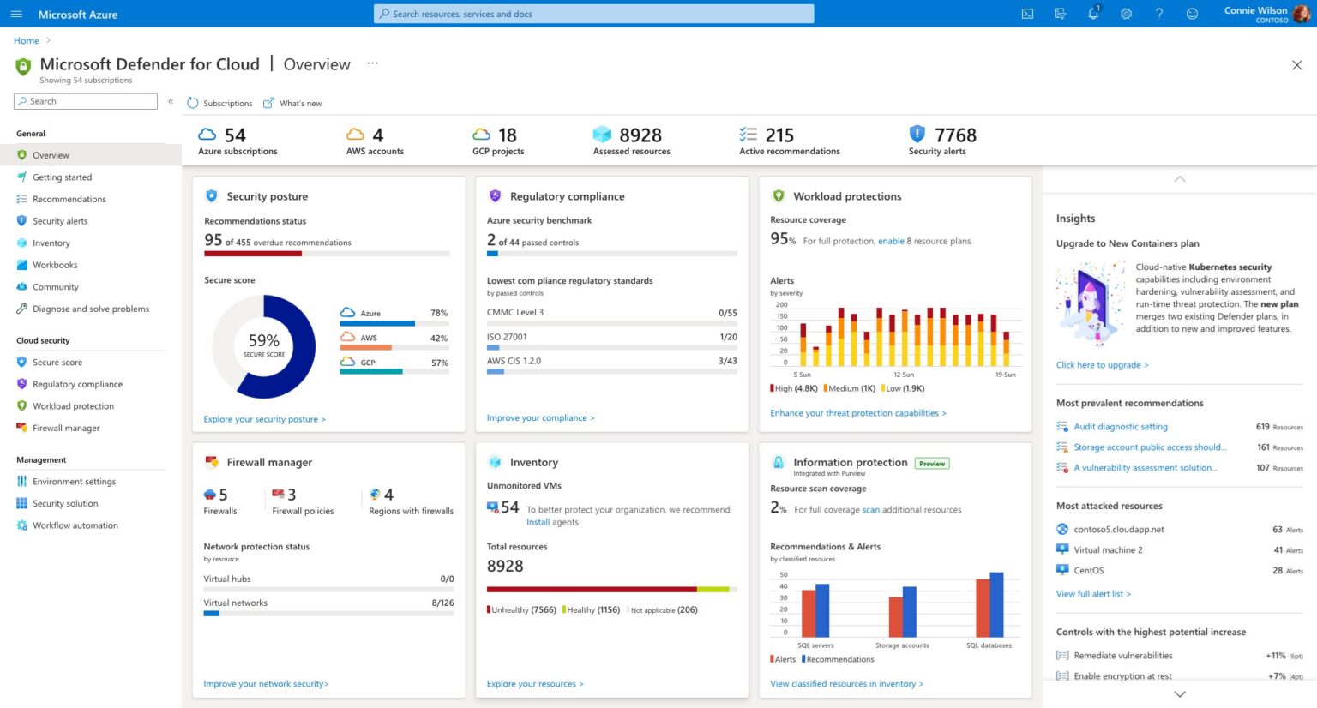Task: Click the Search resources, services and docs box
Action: [593, 14]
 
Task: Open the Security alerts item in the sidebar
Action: [60, 221]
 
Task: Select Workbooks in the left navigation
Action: [55, 265]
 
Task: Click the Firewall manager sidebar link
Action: [66, 429]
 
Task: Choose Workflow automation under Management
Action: [75, 525]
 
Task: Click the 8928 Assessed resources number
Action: [640, 135]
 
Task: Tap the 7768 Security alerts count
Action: [955, 135]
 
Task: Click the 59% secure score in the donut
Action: [264, 341]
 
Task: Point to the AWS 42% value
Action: [438, 339]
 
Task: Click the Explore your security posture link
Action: [264, 419]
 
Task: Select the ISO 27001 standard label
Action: [507, 337]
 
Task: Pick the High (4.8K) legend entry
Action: [795, 388]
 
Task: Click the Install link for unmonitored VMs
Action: [538, 522]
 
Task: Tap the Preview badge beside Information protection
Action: [932, 464]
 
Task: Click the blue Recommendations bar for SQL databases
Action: [996, 604]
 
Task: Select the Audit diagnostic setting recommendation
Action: [1121, 427]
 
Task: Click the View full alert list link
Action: [1093, 594]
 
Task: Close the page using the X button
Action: [1296, 65]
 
